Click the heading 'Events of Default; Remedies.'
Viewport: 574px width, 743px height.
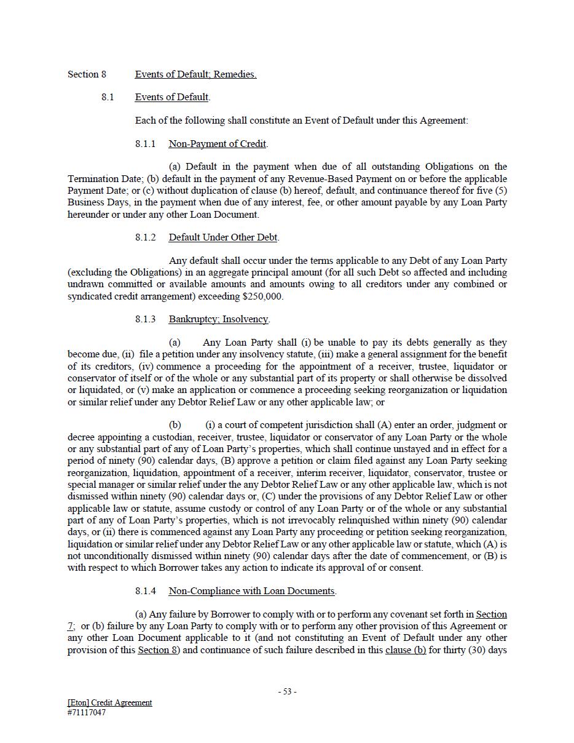click(195, 74)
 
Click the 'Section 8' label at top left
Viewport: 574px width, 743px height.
click(87, 74)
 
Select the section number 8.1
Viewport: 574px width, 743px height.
click(108, 97)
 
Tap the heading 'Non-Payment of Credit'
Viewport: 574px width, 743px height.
click(218, 144)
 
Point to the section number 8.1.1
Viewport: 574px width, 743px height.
click(146, 144)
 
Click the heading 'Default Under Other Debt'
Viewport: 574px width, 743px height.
click(223, 237)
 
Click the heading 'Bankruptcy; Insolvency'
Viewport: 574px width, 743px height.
click(218, 319)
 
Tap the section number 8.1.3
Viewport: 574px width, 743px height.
click(146, 319)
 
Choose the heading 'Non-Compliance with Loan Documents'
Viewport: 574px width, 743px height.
click(252, 591)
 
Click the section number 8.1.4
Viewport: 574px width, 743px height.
click(146, 591)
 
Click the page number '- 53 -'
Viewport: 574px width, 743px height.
click(287, 691)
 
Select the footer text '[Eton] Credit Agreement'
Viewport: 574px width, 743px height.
click(110, 702)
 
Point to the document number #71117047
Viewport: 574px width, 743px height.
click(87, 713)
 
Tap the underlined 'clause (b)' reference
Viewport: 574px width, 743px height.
click(406, 650)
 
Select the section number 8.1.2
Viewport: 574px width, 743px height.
click(146, 237)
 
